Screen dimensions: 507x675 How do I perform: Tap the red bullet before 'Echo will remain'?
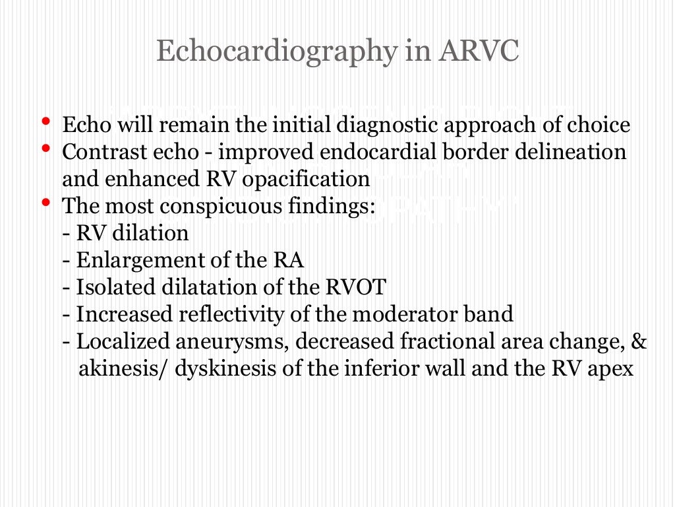(45, 121)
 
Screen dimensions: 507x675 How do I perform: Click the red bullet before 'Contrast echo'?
(45, 149)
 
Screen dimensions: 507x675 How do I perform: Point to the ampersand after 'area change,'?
(639, 342)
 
